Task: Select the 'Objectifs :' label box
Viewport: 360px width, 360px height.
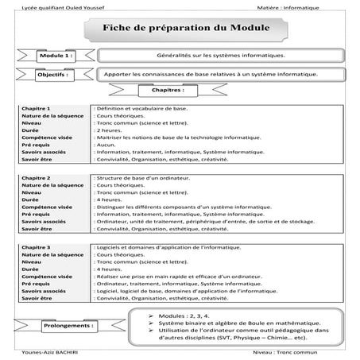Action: click(55, 75)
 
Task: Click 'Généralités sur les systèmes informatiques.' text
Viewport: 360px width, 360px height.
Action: click(211, 57)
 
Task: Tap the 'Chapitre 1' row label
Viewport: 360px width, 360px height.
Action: click(37, 107)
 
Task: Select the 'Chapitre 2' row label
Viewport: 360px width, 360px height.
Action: click(37, 178)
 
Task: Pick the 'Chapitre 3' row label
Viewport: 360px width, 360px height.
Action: click(37, 248)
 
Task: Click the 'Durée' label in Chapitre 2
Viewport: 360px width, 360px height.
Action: click(31, 199)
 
